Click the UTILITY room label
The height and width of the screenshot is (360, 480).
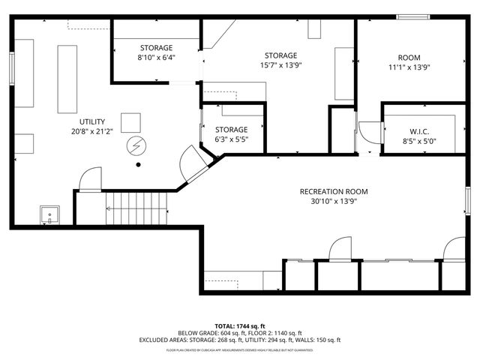coord(92,121)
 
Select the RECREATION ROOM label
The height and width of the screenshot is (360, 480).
coord(334,191)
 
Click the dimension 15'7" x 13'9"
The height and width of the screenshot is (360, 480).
coord(280,66)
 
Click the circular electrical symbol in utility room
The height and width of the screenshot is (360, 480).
coord(137,144)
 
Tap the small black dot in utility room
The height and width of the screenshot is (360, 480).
coord(137,164)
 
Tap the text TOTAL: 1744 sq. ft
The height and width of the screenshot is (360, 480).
coord(239,326)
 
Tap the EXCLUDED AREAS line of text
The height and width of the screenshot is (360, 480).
coord(239,340)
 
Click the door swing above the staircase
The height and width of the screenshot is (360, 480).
coord(89,181)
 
